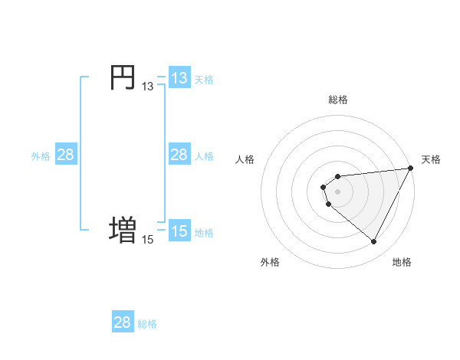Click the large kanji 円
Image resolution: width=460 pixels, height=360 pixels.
pos(123,78)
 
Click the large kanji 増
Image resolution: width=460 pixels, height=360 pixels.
pos(123,231)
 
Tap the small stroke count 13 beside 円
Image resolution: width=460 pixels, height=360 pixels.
pos(147,87)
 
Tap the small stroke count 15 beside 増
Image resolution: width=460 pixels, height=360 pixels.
pos(147,240)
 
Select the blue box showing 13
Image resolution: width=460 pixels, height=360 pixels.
pos(179,78)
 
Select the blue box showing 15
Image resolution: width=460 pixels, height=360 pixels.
pos(179,231)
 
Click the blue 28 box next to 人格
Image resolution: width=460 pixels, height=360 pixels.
pos(179,155)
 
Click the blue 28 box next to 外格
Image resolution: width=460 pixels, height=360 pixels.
pos(66,155)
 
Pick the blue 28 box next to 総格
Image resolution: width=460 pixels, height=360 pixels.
pos(123,322)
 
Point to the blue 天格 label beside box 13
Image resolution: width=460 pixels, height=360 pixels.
pos(204,80)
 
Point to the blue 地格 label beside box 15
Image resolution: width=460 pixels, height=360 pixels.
pos(204,232)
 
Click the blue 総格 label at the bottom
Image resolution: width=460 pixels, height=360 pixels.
pos(147,324)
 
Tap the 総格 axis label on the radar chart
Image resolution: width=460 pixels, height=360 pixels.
pos(338,100)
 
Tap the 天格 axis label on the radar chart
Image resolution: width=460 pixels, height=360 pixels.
pos(431,159)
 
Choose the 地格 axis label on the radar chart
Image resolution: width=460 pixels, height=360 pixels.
pos(402,262)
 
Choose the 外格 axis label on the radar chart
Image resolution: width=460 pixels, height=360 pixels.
pos(270,262)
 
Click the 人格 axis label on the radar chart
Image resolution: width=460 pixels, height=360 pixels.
pos(245,159)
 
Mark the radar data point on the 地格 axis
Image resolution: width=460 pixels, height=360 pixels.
pos(374,242)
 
